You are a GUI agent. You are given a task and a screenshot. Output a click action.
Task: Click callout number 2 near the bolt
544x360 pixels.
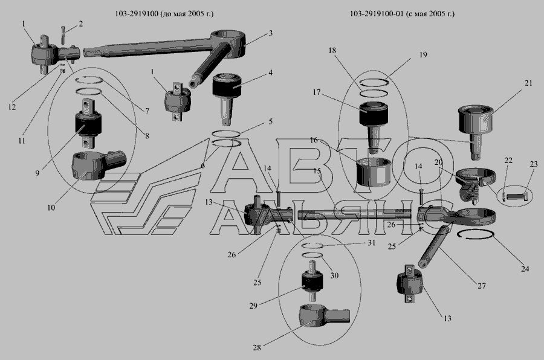click(x=81, y=24)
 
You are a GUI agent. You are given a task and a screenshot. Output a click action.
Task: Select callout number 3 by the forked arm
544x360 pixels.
click(x=270, y=33)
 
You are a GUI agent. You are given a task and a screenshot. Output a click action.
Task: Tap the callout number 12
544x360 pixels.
click(x=12, y=107)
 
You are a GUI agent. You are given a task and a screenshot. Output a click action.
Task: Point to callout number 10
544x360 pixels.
click(x=51, y=208)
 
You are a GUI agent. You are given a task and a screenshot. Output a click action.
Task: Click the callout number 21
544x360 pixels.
click(x=528, y=83)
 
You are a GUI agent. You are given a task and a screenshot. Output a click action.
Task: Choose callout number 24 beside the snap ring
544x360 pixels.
click(x=525, y=269)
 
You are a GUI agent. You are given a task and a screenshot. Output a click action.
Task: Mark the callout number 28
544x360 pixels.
click(x=257, y=347)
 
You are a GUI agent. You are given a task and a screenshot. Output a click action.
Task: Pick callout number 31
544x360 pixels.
click(x=372, y=243)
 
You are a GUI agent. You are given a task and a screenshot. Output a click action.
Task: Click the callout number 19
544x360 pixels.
click(x=423, y=55)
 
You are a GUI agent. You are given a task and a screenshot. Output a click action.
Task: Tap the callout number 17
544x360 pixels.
click(x=317, y=92)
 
